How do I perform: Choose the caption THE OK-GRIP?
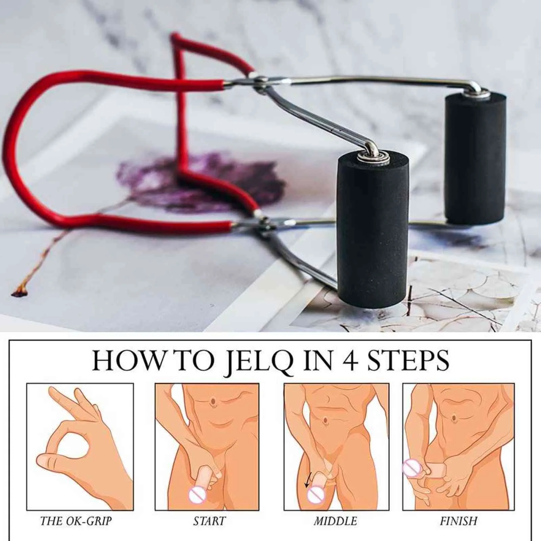(x=76, y=521)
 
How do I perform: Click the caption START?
(x=209, y=521)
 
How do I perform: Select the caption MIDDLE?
(x=335, y=521)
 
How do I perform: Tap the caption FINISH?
(x=458, y=521)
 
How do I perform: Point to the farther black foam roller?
(x=475, y=159)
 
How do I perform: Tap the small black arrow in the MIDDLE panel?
(x=307, y=483)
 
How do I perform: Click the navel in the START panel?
(x=213, y=401)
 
